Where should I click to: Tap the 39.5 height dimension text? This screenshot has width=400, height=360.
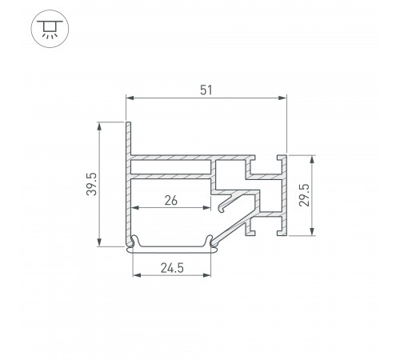point(92,185)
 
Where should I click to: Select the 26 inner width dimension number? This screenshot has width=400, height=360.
point(170,200)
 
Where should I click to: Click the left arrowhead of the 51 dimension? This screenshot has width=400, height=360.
point(130,98)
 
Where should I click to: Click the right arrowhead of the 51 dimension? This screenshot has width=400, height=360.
point(283,98)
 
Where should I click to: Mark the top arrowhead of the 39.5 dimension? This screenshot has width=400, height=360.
point(100,126)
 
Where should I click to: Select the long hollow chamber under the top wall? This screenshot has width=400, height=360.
point(170,167)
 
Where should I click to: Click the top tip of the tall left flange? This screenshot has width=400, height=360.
point(127,123)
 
